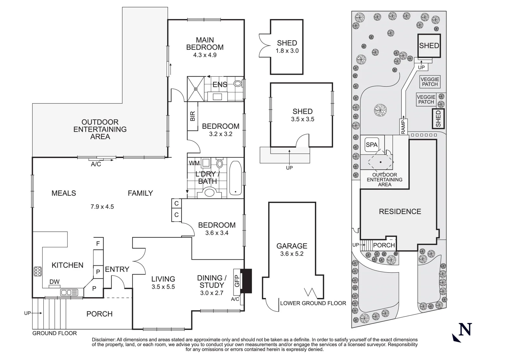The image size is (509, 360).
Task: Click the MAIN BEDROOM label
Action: coord(205,44)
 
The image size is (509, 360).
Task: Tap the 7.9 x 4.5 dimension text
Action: coord(102,207)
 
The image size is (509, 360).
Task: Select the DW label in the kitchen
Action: coord(54,282)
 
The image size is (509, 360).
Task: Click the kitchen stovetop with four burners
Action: coord(37,272)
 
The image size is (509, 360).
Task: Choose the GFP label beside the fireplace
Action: coord(237,281)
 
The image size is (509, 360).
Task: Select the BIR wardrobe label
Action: coord(193,116)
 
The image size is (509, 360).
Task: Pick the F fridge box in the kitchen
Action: coord(98,244)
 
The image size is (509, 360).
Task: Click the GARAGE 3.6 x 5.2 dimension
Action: coord(292,254)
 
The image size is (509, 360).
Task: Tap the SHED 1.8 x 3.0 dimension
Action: coord(287,51)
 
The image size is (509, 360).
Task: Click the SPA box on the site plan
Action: coord(371,145)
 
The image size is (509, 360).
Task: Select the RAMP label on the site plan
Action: coord(403,126)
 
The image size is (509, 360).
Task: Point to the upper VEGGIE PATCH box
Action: coord(430,81)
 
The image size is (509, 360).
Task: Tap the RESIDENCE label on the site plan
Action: coord(400,211)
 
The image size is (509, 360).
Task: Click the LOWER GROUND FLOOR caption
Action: coord(313,303)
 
